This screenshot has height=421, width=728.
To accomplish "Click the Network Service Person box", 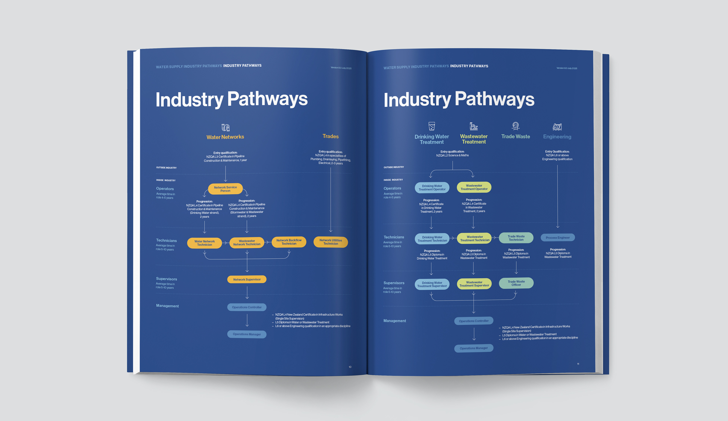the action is pyautogui.click(x=225, y=189).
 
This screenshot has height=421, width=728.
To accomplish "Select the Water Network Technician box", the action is pyautogui.click(x=205, y=243).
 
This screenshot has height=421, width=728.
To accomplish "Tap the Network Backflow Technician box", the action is pyautogui.click(x=289, y=242).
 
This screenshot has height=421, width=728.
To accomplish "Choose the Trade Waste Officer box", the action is pyautogui.click(x=516, y=283).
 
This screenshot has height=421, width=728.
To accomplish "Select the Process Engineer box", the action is pyautogui.click(x=558, y=237).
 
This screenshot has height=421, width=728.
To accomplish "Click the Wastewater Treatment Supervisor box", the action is pyautogui.click(x=474, y=284).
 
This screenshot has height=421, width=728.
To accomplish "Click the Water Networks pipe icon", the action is pyautogui.click(x=225, y=127).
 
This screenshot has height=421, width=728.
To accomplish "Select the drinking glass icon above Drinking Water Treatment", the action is pyautogui.click(x=432, y=126).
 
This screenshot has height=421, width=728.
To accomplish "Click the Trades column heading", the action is pyautogui.click(x=330, y=136).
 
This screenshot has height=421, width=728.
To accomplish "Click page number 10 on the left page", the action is pyautogui.click(x=350, y=367).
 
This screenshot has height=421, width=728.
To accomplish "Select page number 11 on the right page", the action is pyautogui.click(x=578, y=364).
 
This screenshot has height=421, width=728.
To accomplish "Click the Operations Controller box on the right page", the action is pyautogui.click(x=474, y=321).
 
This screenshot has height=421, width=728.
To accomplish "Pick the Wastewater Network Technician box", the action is pyautogui.click(x=247, y=243).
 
